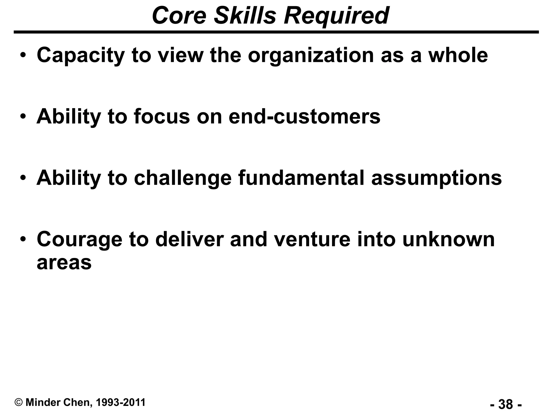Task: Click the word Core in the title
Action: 179,16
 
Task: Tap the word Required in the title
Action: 336,16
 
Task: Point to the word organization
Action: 311,55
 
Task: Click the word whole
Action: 458,55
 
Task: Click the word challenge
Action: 182,178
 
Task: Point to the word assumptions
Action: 436,178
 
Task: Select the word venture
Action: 312,239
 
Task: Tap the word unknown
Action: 448,239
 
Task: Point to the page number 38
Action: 506,404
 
